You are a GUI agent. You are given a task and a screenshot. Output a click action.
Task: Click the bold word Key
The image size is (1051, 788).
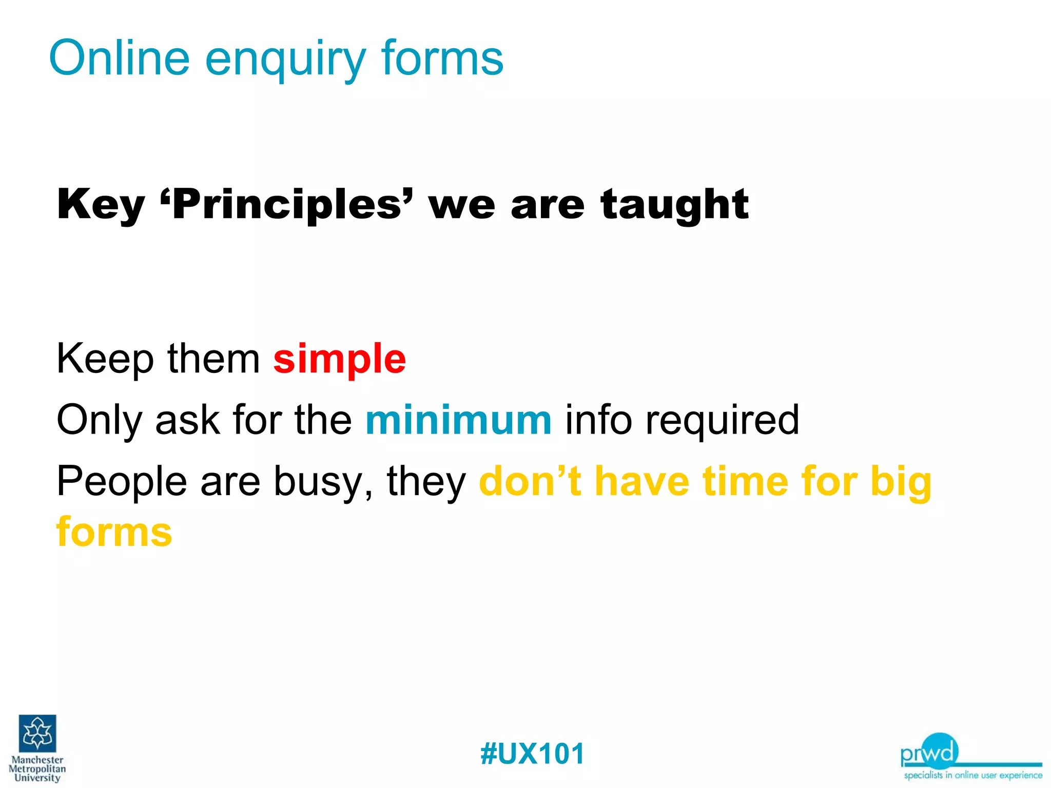point(101,205)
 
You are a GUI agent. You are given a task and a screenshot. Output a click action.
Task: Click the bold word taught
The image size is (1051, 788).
point(674,205)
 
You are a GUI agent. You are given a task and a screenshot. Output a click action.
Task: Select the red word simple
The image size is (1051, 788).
point(339,359)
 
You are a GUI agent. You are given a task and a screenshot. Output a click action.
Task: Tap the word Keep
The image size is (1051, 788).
point(105,359)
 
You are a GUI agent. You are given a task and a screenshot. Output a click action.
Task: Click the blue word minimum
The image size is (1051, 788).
point(458,420)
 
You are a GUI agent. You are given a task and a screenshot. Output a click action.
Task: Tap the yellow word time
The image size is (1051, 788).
point(745,481)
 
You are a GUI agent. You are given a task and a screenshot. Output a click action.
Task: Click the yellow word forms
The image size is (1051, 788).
point(114,532)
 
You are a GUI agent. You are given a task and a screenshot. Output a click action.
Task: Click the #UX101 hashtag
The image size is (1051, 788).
point(532,754)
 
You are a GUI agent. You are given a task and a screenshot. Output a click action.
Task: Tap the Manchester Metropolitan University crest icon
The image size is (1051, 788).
point(37,733)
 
